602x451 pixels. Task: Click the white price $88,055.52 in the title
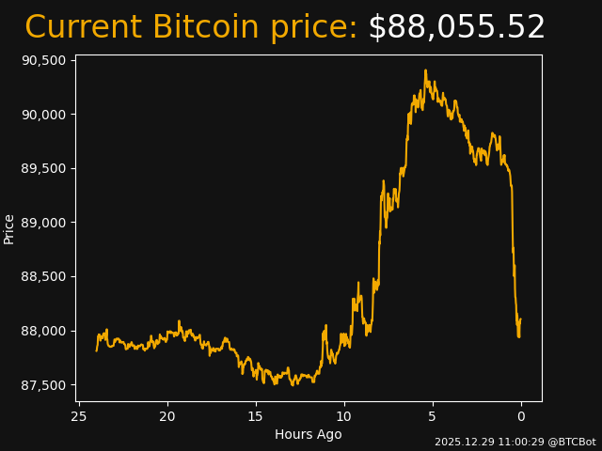(456, 28)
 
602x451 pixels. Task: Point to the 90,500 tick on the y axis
(43, 60)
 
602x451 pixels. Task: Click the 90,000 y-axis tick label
(43, 115)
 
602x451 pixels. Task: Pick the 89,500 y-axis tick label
(43, 168)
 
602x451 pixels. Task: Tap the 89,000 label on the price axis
(43, 223)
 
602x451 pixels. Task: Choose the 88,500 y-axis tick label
(43, 277)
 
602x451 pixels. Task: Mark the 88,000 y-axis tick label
(43, 331)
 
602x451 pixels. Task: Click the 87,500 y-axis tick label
(43, 385)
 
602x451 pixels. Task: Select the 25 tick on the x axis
(79, 417)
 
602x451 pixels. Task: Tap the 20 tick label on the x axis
(167, 417)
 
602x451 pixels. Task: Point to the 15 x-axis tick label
(256, 417)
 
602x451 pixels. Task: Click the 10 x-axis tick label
(344, 417)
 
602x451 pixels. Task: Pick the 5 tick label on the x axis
(433, 417)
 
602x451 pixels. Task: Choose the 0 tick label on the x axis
(521, 417)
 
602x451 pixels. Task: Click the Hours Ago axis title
(309, 434)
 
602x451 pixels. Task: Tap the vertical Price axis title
(9, 228)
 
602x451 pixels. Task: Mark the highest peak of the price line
(425, 70)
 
